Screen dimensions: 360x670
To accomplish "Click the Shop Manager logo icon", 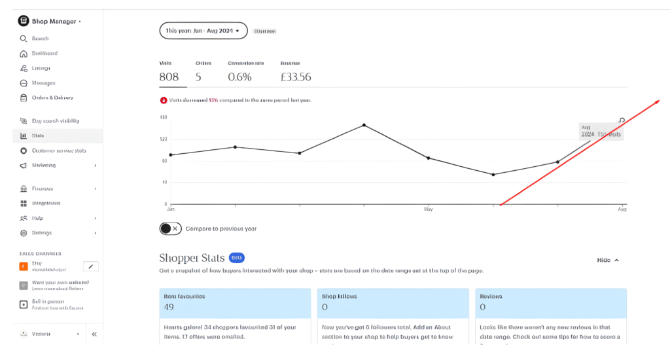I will (24, 21).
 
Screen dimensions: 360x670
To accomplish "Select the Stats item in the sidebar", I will (38, 135).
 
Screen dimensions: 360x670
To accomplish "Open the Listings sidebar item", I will (41, 68).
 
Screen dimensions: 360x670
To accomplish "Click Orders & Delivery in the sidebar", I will (52, 98).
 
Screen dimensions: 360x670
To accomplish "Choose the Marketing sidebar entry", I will (44, 166).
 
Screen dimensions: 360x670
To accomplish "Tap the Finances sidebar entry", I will (42, 189).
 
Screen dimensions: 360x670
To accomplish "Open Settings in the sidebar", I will (41, 233).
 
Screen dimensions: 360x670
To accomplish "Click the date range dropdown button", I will (203, 30).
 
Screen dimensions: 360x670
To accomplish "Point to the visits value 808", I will (169, 77).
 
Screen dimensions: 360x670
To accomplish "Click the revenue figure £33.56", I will (296, 77).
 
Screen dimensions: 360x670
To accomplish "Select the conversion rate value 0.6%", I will (239, 77).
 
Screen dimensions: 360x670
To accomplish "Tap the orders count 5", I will (198, 77).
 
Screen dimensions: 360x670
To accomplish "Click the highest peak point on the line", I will (364, 125).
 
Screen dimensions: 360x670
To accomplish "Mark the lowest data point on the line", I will (493, 175).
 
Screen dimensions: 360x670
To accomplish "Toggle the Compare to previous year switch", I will (169, 228).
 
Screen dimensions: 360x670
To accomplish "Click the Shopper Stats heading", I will (192, 258).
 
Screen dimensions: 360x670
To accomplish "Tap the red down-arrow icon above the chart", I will (164, 100).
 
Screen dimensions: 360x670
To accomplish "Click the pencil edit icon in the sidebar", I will (92, 266).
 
